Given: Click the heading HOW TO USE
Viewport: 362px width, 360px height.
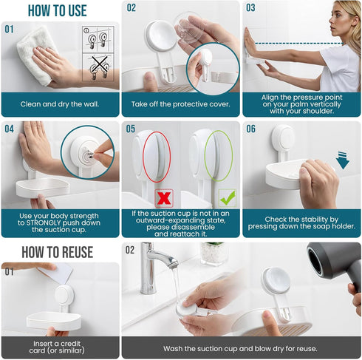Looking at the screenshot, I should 57,10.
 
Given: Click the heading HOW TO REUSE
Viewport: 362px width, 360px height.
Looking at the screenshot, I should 57,252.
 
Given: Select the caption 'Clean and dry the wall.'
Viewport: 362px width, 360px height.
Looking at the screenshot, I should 60,105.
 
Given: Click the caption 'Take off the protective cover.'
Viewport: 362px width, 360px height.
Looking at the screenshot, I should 180,105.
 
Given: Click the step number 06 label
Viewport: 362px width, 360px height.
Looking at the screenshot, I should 251,129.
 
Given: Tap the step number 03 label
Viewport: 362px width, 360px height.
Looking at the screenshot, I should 251,8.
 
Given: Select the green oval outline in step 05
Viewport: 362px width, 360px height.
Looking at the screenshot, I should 219,155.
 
